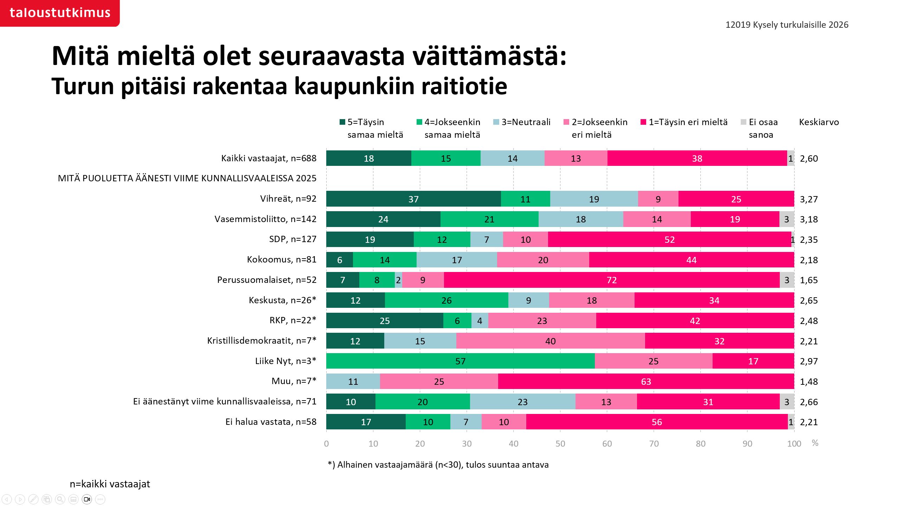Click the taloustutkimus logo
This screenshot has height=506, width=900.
pos(60,13)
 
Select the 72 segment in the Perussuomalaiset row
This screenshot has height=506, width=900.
pos(612,280)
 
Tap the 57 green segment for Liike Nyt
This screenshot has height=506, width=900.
pos(460,361)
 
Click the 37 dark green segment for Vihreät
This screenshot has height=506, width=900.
pos(413,199)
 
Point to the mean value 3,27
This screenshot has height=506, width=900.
pos(809,199)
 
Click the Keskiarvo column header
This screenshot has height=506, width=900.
pos(819,122)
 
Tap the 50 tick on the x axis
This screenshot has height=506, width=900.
pos(560,443)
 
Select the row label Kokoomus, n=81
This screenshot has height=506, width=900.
pos(282,259)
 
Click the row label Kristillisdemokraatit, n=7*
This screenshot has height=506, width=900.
pos(262,340)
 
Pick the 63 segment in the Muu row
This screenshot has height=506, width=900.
pos(646,382)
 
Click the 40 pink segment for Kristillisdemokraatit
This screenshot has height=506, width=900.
pos(550,341)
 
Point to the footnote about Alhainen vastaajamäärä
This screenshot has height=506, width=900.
pos(438,465)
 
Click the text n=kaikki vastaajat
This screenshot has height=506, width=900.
pos(110,484)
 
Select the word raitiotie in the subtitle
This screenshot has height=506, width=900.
pos(464,86)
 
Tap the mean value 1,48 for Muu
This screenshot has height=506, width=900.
pos(809,382)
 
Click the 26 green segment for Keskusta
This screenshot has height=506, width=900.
pos(446,300)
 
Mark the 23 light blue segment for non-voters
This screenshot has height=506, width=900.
pos(522,402)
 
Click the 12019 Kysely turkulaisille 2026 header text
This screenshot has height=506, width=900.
pos(787,25)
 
